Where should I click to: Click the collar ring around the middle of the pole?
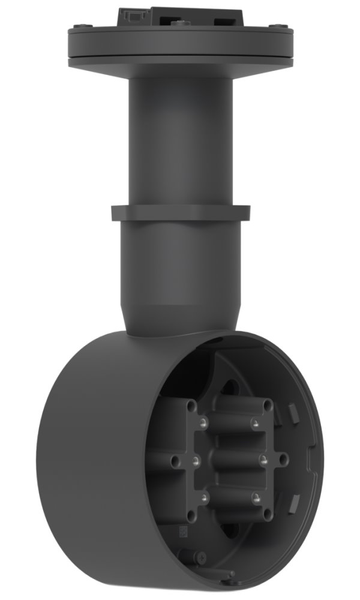pos(180,214)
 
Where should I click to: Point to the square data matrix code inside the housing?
pos(178,530)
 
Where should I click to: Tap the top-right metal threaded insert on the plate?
pos(256,424)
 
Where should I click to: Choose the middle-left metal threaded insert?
pos(196,461)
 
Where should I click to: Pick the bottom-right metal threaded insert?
pos(256,497)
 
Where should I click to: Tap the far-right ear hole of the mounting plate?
pos(283,460)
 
